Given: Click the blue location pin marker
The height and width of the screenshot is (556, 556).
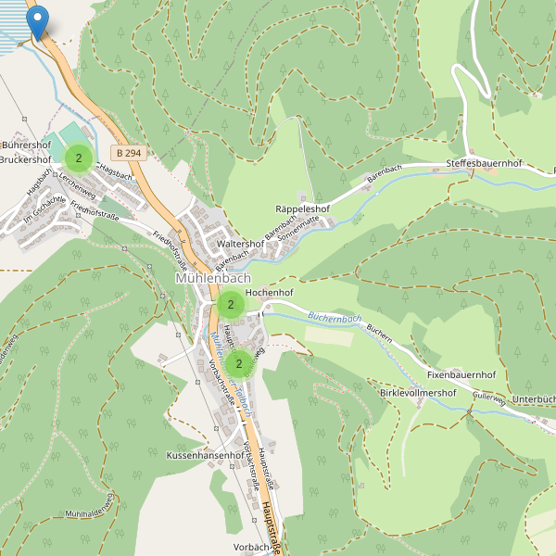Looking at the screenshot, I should pyautogui.click(x=37, y=21).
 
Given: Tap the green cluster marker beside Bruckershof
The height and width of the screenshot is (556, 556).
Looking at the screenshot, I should pyautogui.click(x=79, y=158).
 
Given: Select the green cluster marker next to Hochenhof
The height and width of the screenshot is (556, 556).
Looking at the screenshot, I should pyautogui.click(x=230, y=303).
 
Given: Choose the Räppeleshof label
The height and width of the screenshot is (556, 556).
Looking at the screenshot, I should pyautogui.click(x=303, y=210).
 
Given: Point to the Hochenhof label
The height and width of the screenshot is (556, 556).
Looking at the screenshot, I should pyautogui.click(x=270, y=292).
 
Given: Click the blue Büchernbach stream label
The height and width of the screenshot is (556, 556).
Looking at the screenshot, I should pyautogui.click(x=335, y=319).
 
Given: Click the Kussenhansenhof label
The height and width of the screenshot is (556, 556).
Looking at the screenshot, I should pyautogui.click(x=204, y=457).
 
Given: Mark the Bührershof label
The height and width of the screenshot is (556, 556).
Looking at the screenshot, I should pyautogui.click(x=26, y=145).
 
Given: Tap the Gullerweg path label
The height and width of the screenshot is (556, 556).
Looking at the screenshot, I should pyautogui.click(x=488, y=399).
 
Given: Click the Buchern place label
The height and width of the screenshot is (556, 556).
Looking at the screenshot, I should pyautogui.click(x=380, y=330).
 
